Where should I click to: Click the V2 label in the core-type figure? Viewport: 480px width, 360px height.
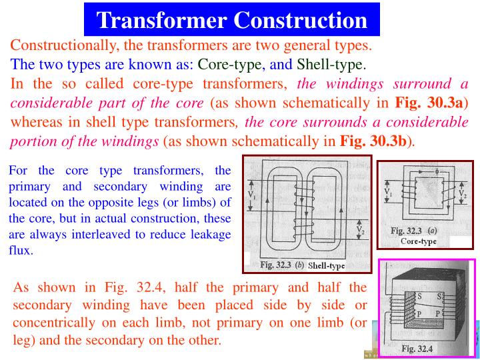click(462, 194)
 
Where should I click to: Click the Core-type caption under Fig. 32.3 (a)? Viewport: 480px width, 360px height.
click(419, 241)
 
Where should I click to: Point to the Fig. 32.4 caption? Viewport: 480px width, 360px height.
click(417, 348)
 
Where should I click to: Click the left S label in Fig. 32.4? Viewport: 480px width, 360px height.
click(419, 295)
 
